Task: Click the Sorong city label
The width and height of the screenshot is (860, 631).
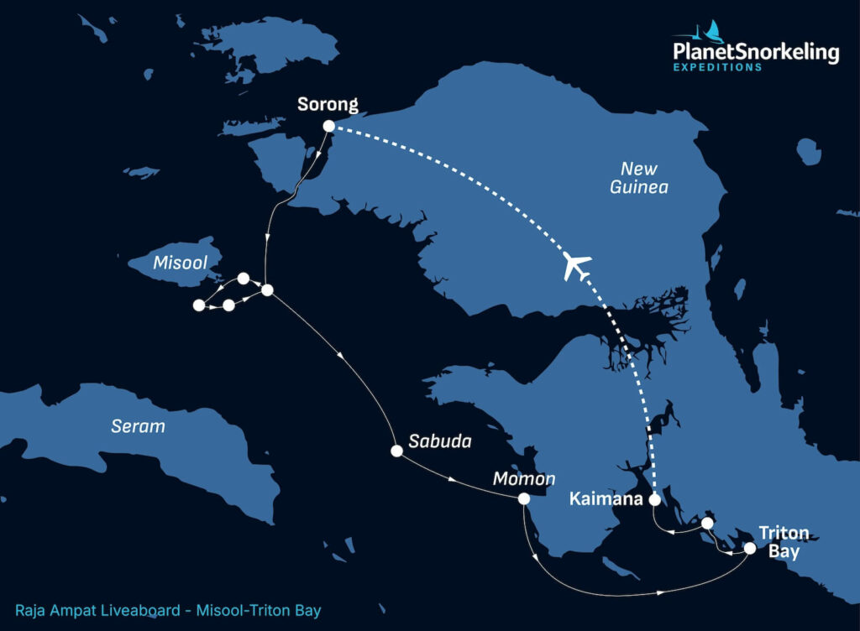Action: pos(328,105)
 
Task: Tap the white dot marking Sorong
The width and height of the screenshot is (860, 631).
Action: pos(329,126)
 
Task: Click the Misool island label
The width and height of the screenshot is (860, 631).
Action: pos(180,263)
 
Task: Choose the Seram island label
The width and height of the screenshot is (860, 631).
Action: pos(139,426)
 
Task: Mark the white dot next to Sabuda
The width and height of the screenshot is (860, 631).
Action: pos(396,451)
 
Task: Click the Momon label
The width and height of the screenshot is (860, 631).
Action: pos(524,479)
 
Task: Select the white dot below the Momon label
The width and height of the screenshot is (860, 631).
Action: pos(524,498)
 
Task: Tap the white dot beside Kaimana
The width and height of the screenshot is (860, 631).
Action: pos(655,499)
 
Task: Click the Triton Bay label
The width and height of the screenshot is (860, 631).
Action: pos(783,542)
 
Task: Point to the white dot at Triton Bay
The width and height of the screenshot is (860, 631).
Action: pos(750,549)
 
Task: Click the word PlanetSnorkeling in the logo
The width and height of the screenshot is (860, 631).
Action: pos(756,53)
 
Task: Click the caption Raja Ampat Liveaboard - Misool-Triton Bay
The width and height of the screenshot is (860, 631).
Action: pos(168,611)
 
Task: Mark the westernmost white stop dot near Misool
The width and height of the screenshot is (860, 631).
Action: pos(199,305)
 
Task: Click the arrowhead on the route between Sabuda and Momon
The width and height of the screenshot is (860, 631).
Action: pos(454,480)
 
